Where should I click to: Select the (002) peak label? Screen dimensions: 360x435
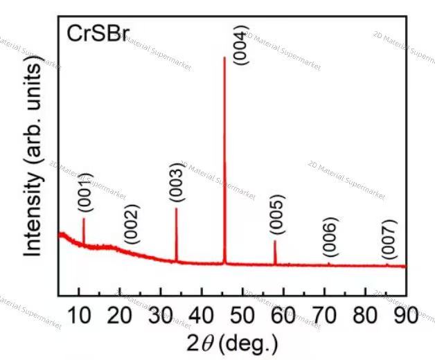click(131, 224)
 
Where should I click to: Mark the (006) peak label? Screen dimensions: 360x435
click(330, 237)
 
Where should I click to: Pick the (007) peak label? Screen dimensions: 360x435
click(389, 238)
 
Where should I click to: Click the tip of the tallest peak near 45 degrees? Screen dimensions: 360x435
click(224, 57)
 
